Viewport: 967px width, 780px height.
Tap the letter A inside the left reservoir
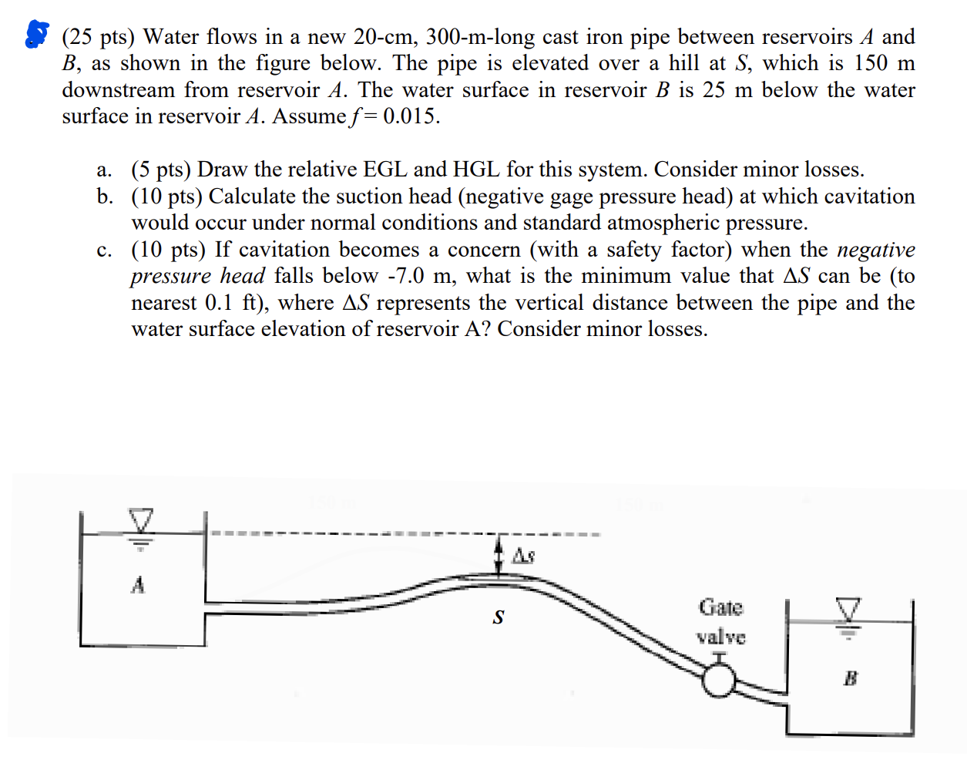[x=138, y=585]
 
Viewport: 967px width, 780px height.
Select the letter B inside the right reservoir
[x=851, y=678]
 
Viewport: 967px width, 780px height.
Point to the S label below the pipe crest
[x=499, y=617]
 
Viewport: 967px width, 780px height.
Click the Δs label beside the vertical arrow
[x=524, y=556]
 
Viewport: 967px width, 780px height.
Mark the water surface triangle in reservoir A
[x=141, y=519]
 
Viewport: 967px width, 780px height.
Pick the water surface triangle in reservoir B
[x=848, y=610]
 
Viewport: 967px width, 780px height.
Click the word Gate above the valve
[x=720, y=607]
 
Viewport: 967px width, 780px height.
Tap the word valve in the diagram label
[x=720, y=637]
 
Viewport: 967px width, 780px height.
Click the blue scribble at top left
[x=36, y=34]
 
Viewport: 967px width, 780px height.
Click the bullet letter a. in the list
[x=104, y=170]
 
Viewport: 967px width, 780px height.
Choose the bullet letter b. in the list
[x=105, y=197]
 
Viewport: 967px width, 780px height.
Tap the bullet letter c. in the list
[x=104, y=250]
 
